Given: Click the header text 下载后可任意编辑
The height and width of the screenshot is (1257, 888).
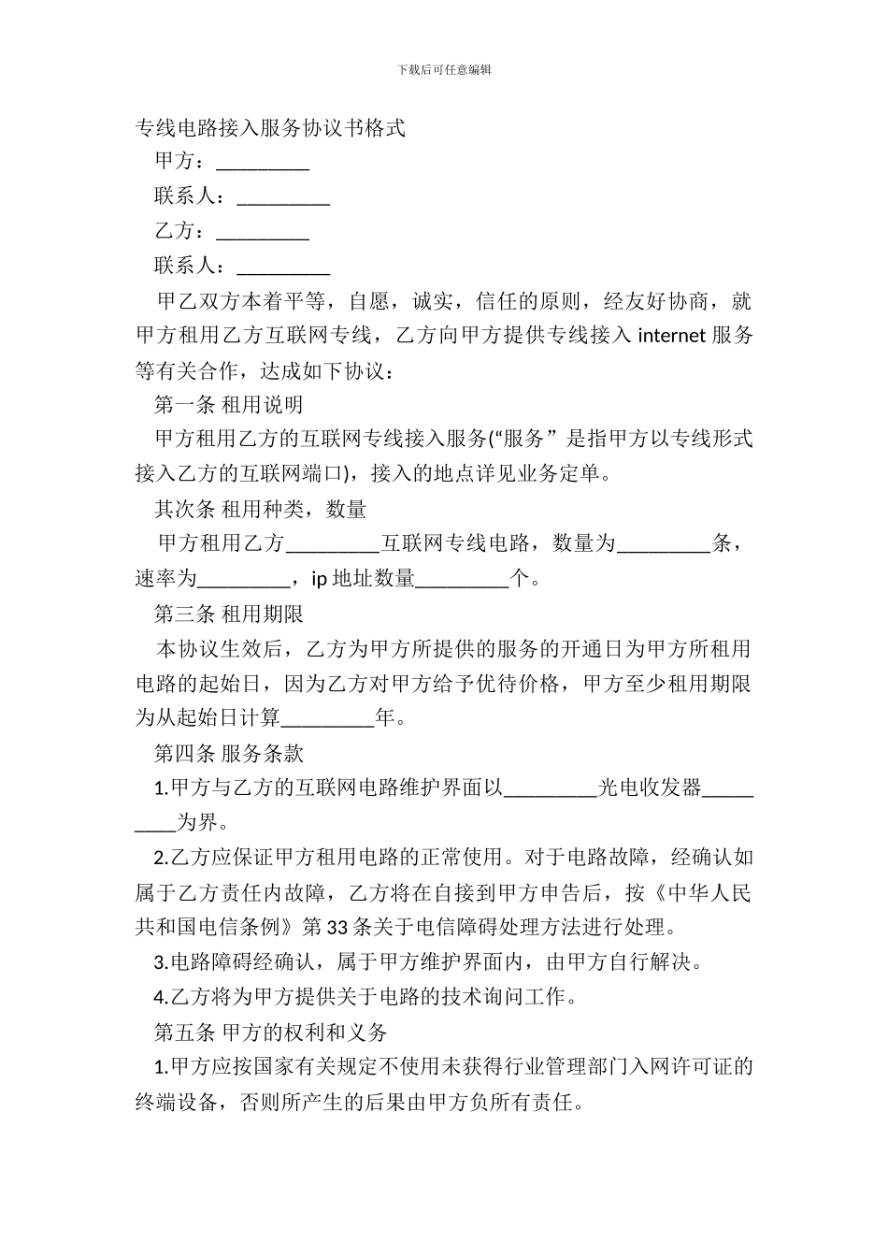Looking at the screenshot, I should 444,69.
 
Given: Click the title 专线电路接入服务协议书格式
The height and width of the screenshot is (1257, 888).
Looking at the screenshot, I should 270,128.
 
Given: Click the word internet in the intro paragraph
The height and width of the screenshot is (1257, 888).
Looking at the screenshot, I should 671,337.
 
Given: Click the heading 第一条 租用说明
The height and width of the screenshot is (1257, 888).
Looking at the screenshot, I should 228,405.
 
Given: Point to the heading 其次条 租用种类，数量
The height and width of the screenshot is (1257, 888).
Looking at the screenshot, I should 260,510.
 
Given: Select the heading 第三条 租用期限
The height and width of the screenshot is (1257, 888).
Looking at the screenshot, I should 228,614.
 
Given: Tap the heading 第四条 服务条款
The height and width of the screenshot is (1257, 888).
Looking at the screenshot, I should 228,753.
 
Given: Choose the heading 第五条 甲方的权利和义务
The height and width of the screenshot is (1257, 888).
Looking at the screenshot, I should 270,1033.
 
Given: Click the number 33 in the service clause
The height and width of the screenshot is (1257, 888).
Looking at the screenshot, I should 338,928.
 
